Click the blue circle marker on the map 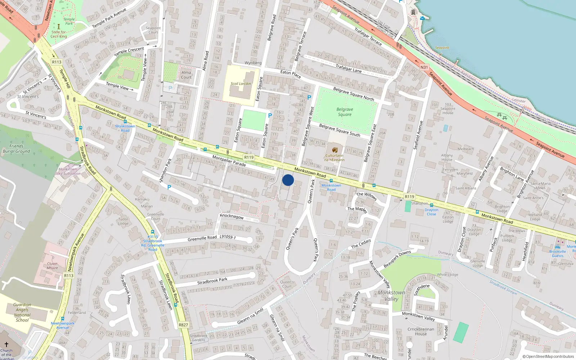pos(288,180)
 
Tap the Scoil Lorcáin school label pos(240,84)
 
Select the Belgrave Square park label pos(345,112)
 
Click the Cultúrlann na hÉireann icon pos(334,150)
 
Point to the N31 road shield pos(424,67)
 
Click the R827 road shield pos(183,325)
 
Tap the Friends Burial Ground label pos(16,149)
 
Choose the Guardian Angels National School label pos(22,312)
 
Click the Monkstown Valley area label pos(391,296)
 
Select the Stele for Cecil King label pos(59,34)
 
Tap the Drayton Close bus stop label pos(431,212)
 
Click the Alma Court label pos(186,75)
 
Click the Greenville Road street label pos(202,238)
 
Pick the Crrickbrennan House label pos(420,331)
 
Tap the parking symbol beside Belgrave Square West pos(309,98)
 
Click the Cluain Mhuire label pos(52,266)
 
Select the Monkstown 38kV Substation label pos(67,171)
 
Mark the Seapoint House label pos(448,109)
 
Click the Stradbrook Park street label pos(212,281)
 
